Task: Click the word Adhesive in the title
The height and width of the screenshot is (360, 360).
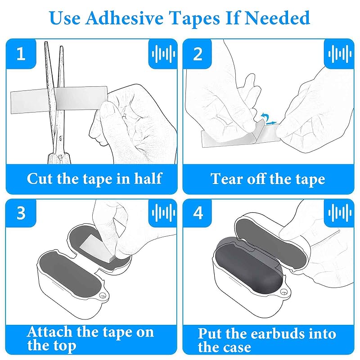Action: point(124,18)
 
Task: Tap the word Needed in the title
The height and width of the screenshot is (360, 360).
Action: point(278,18)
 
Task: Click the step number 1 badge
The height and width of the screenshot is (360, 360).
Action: point(21,54)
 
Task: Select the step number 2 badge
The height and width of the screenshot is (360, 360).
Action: point(198,54)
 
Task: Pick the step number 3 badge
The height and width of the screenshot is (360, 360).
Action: point(21,213)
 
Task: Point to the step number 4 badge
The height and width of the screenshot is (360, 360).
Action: point(198,213)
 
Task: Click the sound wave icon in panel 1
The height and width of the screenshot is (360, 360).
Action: point(163,54)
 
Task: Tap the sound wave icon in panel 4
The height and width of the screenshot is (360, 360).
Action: point(340,213)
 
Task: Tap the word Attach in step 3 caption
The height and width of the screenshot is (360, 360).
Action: point(49,332)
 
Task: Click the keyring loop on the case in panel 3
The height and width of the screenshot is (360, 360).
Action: point(103,296)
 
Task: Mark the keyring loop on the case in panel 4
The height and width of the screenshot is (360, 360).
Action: point(284,292)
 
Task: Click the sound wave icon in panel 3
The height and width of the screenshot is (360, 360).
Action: point(163,213)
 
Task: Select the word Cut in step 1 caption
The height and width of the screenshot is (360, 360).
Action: point(40,178)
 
